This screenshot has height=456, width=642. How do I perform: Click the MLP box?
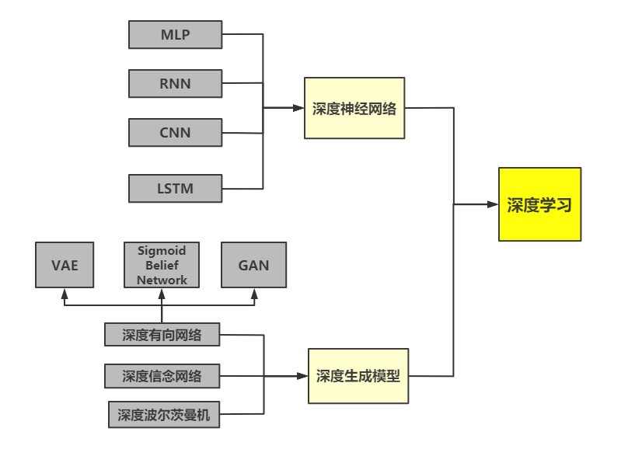pos(175,35)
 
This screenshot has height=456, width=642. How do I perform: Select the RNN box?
pos(175,83)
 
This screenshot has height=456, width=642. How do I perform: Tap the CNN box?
pos(175,133)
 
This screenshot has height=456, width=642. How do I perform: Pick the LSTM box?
pos(175,188)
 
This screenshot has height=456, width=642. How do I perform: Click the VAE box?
pos(65,265)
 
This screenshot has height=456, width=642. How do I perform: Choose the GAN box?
pos(254,265)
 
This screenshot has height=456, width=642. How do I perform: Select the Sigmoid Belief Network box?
pos(162,265)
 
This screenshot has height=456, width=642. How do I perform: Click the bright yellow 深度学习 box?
pos(539,204)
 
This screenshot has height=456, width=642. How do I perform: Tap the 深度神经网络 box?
pos(354,108)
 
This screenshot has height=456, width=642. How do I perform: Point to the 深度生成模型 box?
pos(358,376)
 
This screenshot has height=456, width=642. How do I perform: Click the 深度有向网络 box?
pos(162,335)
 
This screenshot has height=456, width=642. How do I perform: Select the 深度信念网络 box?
pos(162,376)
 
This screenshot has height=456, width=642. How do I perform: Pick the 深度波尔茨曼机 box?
pos(164,414)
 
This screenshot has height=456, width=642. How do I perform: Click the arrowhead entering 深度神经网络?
pos(298,108)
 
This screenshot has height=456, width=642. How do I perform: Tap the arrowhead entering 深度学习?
pos(493,204)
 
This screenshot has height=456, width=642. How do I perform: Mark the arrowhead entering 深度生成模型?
pos(302,376)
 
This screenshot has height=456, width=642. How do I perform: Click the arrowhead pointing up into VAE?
pos(65,294)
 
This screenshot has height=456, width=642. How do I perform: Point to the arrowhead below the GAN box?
pos(254,294)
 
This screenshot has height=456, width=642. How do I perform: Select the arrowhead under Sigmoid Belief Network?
pos(162,294)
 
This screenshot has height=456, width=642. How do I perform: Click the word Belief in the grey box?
pos(162,265)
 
